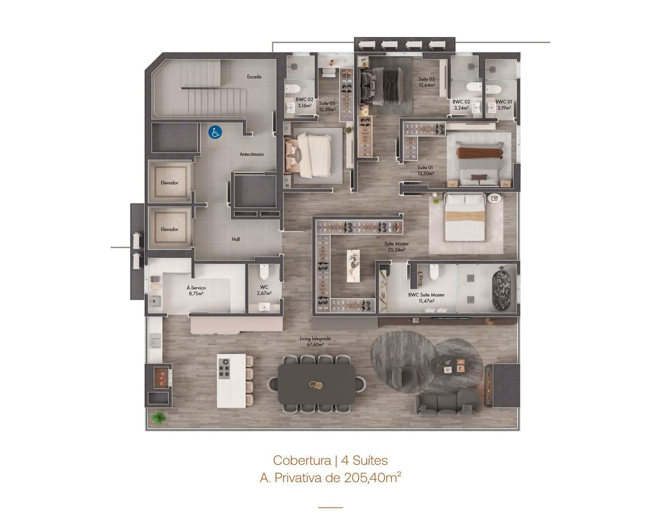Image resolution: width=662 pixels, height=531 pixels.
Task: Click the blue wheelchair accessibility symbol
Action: (215, 132)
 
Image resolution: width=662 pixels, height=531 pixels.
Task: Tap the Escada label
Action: (254, 77)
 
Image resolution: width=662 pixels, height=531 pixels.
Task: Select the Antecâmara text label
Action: (252, 154)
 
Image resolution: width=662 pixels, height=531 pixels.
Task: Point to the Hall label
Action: (236, 239)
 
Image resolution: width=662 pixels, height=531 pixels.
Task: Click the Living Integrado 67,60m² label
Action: (316, 342)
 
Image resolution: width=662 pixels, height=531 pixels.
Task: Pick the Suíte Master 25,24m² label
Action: (397, 247)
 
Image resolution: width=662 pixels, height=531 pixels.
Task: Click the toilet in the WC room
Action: (264, 271)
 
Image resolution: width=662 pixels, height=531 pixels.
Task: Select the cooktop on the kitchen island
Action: (224, 369)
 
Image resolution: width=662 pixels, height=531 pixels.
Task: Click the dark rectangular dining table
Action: (316, 384)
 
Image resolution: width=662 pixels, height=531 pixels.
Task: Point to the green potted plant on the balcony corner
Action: (159, 417)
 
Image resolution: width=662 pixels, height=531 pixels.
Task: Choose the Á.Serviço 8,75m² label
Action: (196, 290)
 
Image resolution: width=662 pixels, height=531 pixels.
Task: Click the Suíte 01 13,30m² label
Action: (425, 171)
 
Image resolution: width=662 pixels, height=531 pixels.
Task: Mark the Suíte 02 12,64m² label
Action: (426, 82)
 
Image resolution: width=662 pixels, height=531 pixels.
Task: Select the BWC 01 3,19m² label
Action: (504, 105)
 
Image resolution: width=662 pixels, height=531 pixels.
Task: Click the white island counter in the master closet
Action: (353, 265)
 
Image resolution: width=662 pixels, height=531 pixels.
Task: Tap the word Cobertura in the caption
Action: (302, 460)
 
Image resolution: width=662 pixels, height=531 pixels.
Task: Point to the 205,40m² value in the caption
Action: (372, 478)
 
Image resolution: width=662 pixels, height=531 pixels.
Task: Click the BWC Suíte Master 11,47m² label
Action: (426, 298)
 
